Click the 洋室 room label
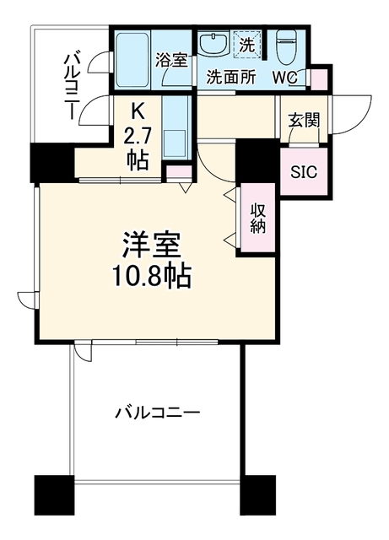point(152,246)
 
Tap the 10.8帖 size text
point(152,277)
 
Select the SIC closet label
point(304,171)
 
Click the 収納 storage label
point(257,218)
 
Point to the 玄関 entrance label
point(305,121)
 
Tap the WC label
point(285,78)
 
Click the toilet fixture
point(288,47)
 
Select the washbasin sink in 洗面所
point(214,43)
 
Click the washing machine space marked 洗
point(247,43)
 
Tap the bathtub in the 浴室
point(132,61)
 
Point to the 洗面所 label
point(231,78)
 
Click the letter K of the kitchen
point(137,111)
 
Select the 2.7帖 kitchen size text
point(138,148)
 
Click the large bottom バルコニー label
point(157,413)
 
